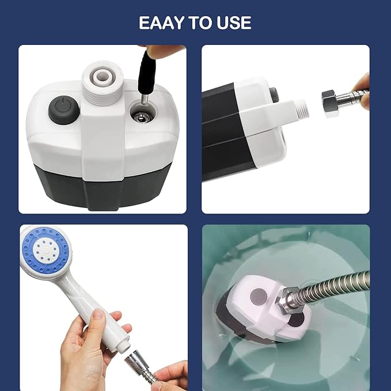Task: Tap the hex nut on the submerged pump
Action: (287, 302)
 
